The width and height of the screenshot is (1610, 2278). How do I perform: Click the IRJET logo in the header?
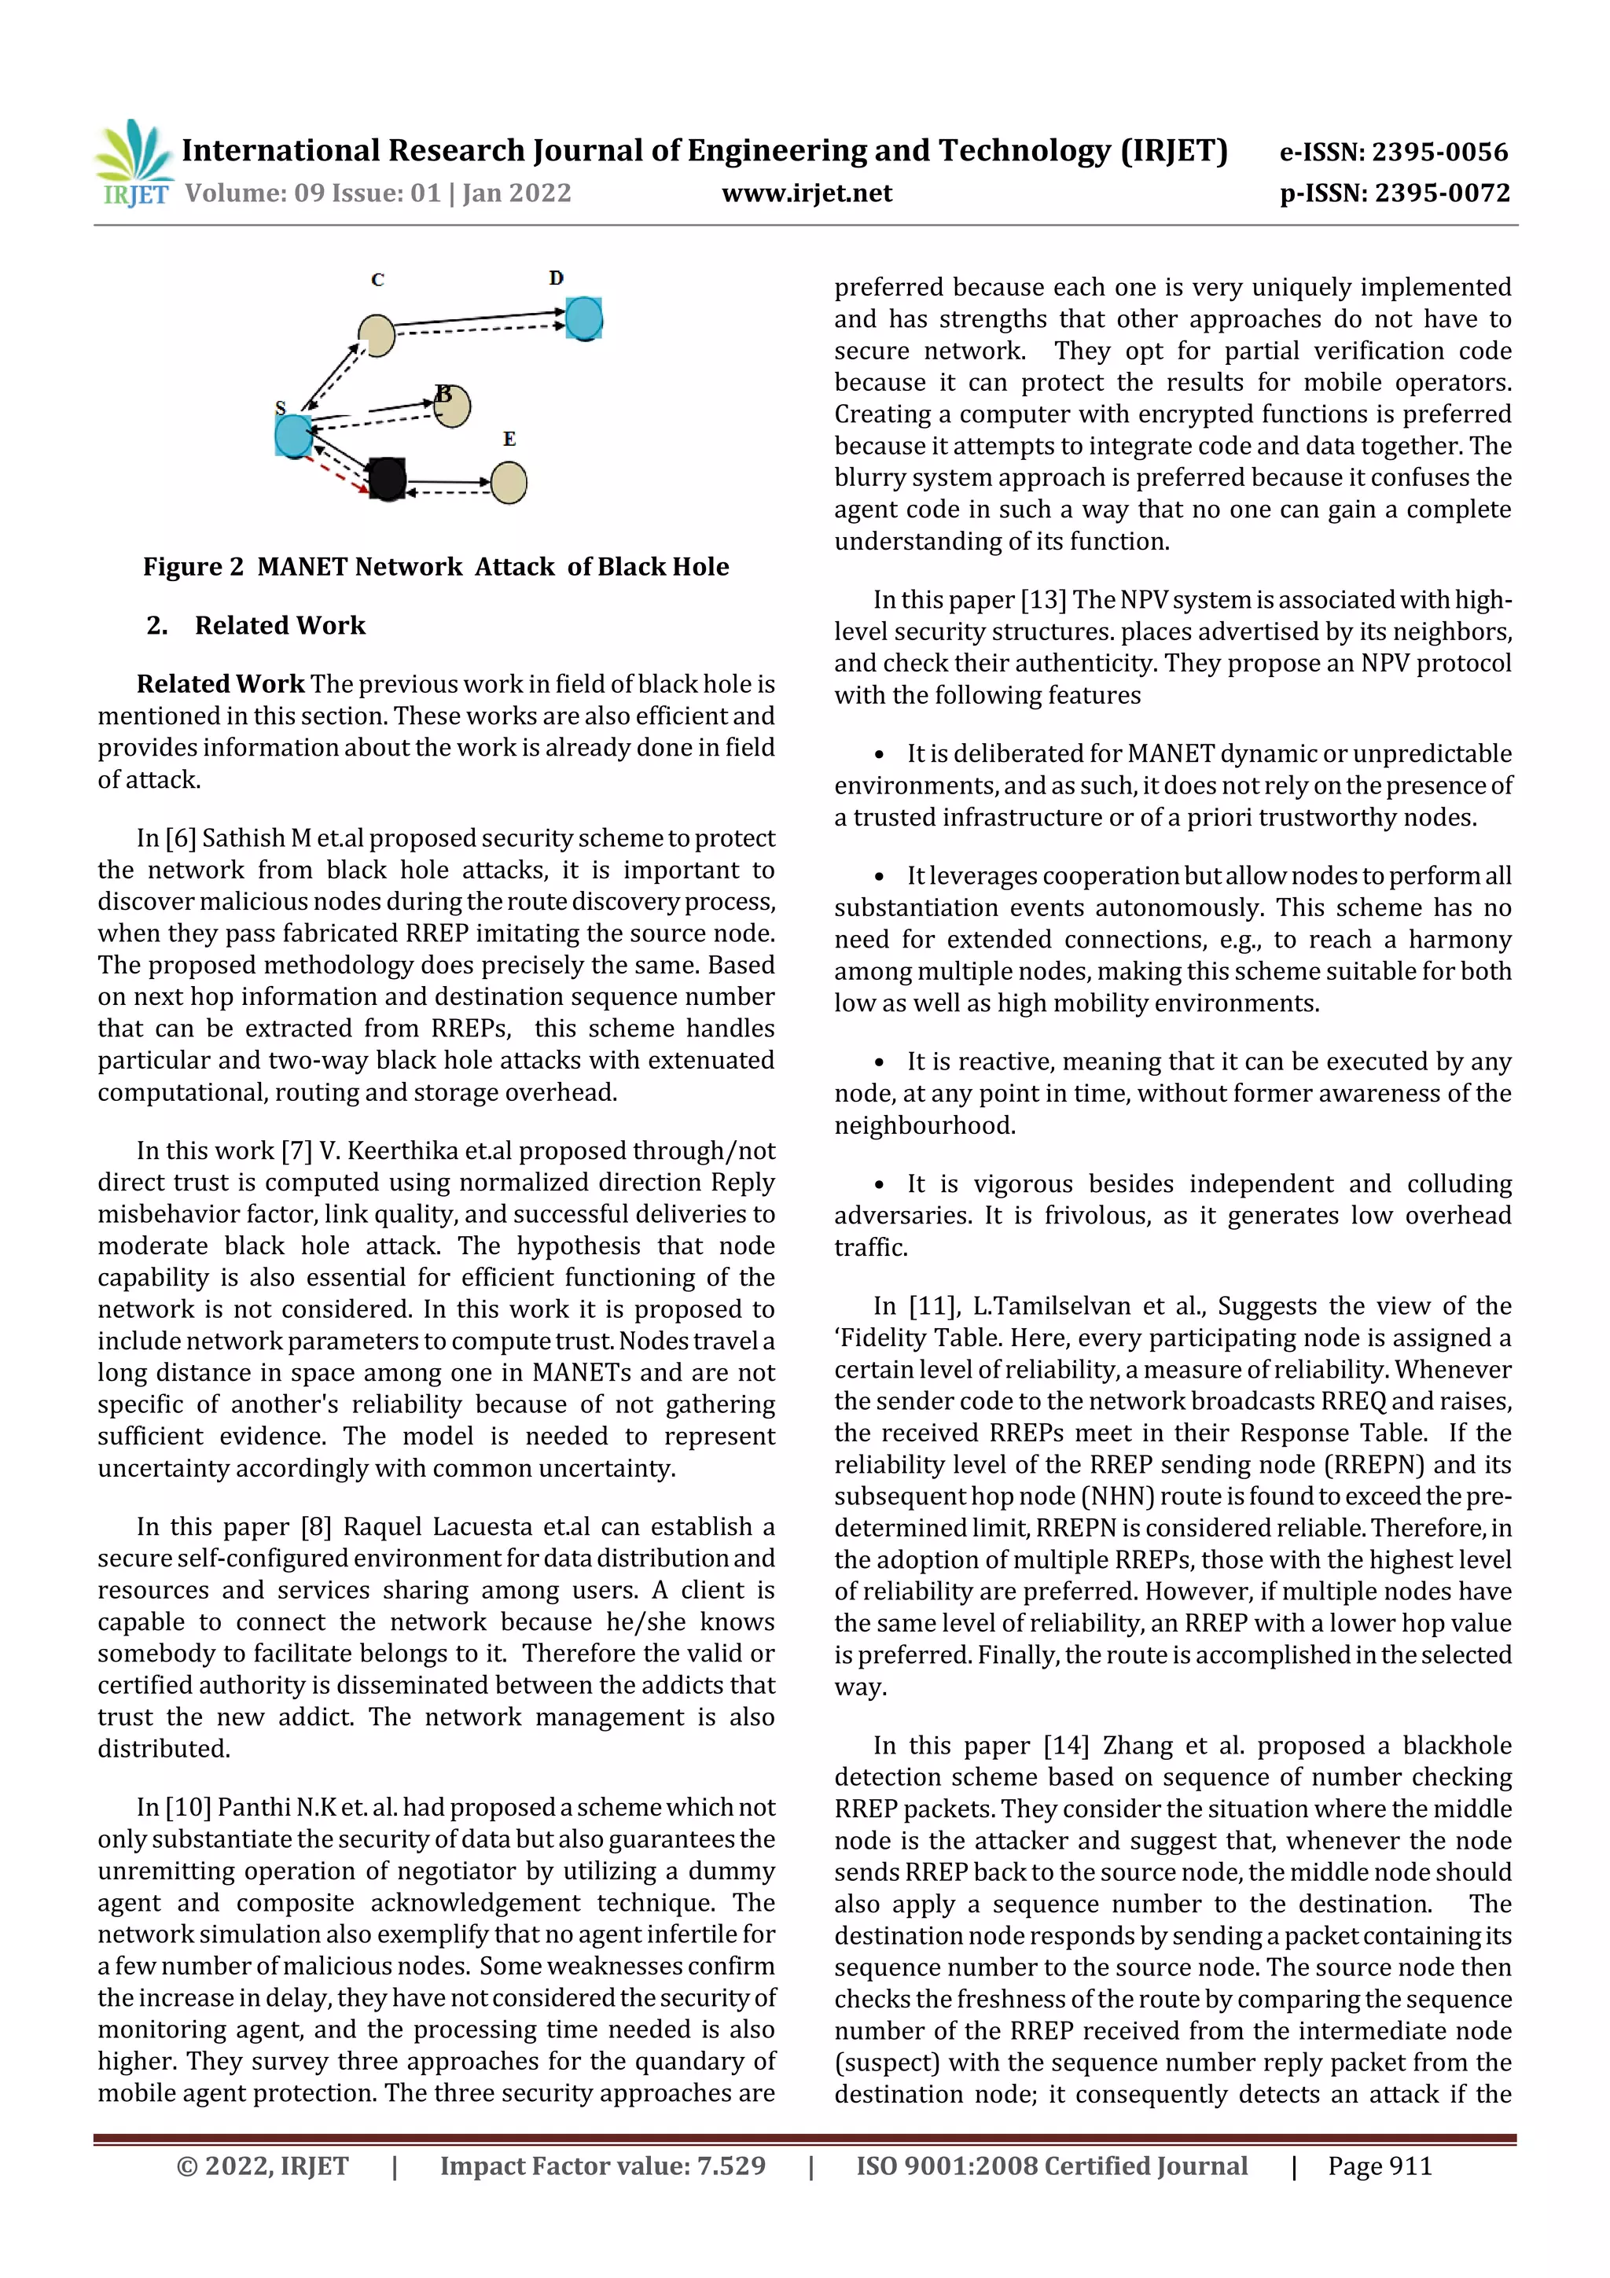(x=134, y=164)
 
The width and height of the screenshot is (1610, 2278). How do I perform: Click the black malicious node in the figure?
(x=387, y=478)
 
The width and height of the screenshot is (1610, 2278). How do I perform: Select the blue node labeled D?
(x=584, y=318)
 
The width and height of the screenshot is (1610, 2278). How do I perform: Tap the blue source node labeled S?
(x=292, y=436)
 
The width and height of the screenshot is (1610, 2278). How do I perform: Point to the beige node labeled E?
(x=509, y=483)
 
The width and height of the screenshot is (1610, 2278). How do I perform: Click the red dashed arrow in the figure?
(x=337, y=474)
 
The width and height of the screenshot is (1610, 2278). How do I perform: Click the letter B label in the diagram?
(x=443, y=394)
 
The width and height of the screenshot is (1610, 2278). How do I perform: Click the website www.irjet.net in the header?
(x=807, y=193)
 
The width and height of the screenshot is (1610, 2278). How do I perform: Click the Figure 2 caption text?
(x=436, y=566)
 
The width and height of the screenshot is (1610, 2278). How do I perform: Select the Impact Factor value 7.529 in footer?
(x=731, y=2166)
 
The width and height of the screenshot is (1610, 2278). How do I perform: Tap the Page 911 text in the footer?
(x=1380, y=2166)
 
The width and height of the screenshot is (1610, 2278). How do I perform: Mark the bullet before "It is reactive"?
(x=879, y=1062)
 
